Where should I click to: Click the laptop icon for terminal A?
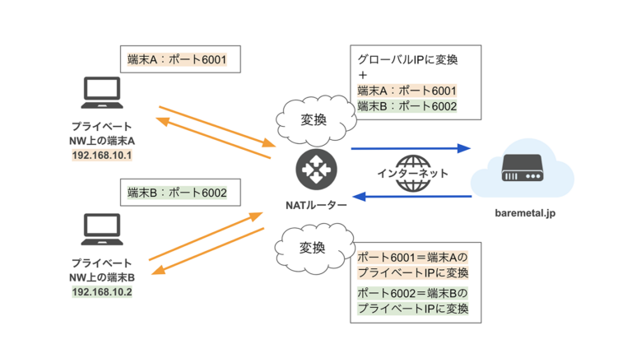pyautogui.click(x=103, y=95)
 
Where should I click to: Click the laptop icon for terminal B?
pyautogui.click(x=103, y=231)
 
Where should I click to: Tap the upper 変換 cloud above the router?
pyautogui.click(x=314, y=119)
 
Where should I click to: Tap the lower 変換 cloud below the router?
pyautogui.click(x=313, y=247)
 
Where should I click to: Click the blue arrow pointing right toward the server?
pyautogui.click(x=410, y=149)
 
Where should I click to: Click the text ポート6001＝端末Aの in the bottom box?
pyautogui.click(x=412, y=255)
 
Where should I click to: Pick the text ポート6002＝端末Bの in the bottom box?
pyautogui.click(x=412, y=292)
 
